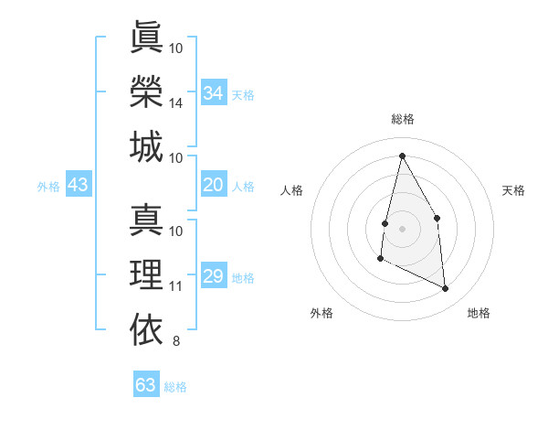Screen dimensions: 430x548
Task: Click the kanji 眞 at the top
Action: [146, 38]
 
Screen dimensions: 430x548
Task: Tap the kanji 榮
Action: [146, 92]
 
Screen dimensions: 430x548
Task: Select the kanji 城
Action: [146, 147]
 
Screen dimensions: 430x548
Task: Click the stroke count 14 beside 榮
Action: [176, 104]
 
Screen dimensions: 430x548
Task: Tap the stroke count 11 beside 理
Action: [176, 287]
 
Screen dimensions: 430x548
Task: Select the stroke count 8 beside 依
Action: [176, 342]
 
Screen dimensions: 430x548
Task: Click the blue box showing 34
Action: [213, 93]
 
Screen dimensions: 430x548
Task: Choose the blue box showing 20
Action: [213, 185]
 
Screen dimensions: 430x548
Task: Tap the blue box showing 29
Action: [213, 276]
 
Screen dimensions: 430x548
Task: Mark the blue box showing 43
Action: [79, 185]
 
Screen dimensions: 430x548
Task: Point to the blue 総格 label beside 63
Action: [175, 387]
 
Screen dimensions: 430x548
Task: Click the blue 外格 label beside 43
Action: [48, 187]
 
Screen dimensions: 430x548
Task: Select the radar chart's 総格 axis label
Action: [402, 119]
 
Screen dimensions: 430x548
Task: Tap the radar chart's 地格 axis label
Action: [479, 313]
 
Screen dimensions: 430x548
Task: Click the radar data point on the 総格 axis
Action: [402, 155]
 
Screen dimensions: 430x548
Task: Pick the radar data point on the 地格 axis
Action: [446, 289]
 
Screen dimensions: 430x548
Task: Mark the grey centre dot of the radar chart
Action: [402, 228]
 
